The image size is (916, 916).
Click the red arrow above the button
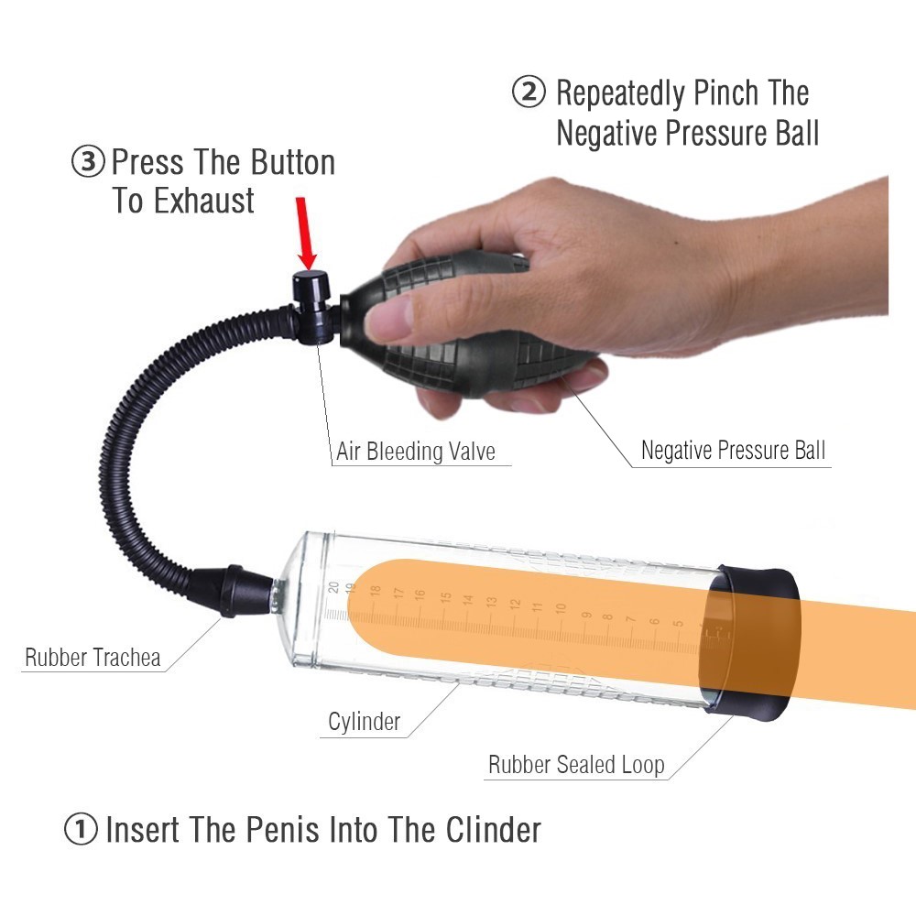click(x=306, y=234)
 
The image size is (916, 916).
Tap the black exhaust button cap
click(x=311, y=285)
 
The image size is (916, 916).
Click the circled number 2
click(x=529, y=92)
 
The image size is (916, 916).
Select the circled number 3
click(x=88, y=161)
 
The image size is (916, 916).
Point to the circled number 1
click(x=81, y=829)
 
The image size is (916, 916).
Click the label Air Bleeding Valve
click(x=416, y=451)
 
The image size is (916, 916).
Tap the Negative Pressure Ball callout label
click(x=733, y=451)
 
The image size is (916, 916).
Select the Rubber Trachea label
click(x=93, y=657)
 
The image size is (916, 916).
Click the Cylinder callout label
click(x=364, y=722)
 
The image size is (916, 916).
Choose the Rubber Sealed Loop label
click(x=576, y=765)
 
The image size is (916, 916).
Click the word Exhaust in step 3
click(x=204, y=201)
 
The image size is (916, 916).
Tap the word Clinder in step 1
click(x=494, y=829)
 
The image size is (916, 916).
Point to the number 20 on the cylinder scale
click(x=333, y=587)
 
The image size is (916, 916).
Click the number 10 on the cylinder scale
click(x=561, y=608)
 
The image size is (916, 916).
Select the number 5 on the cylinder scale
click(x=678, y=623)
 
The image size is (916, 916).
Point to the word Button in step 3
click(x=293, y=162)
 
